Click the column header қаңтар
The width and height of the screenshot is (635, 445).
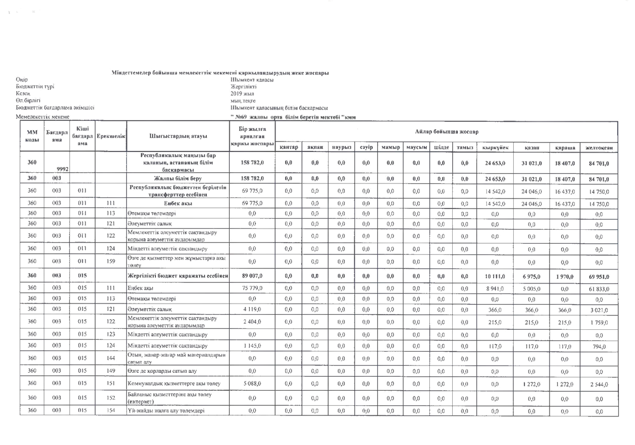coord(288,147)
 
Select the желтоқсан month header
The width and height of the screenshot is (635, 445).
coord(600,147)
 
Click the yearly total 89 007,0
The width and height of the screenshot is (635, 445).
coord(252,276)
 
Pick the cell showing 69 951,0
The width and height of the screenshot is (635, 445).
coord(600,276)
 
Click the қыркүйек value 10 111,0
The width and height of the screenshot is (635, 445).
coord(495,276)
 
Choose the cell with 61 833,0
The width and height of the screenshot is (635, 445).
coord(600,287)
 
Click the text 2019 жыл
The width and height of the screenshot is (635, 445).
coord(243,94)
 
